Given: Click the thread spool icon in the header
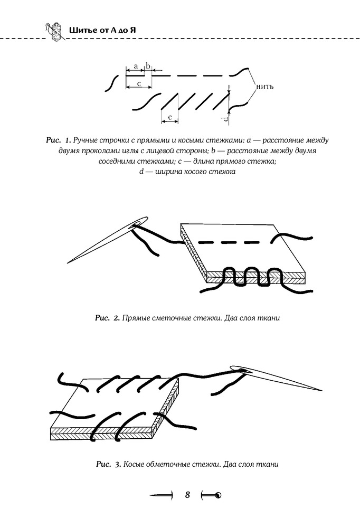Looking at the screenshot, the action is coord(55,32).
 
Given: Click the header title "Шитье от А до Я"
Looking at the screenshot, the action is coord(102,30).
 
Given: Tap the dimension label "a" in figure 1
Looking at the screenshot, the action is coord(136,66).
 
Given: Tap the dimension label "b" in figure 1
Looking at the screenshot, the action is coord(147,65).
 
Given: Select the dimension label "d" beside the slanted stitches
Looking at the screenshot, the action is coord(226,119).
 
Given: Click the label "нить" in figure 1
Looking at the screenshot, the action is coord(264,87).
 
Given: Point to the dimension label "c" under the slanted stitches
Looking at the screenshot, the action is coord(170,117).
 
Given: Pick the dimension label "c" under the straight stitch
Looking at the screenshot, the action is coord(139,83).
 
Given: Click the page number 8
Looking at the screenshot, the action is coord(187,495).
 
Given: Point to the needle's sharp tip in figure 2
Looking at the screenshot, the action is coord(69,263).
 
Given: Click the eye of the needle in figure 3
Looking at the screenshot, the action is coord(243,371).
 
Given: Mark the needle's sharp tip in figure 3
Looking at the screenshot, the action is coord(321,391).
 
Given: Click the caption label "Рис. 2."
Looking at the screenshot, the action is coord(108,318).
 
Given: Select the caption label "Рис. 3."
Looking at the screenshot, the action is coord(108,464).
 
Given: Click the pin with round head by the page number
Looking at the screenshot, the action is coord(211,495).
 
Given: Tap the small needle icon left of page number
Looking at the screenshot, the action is coord(162,495).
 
